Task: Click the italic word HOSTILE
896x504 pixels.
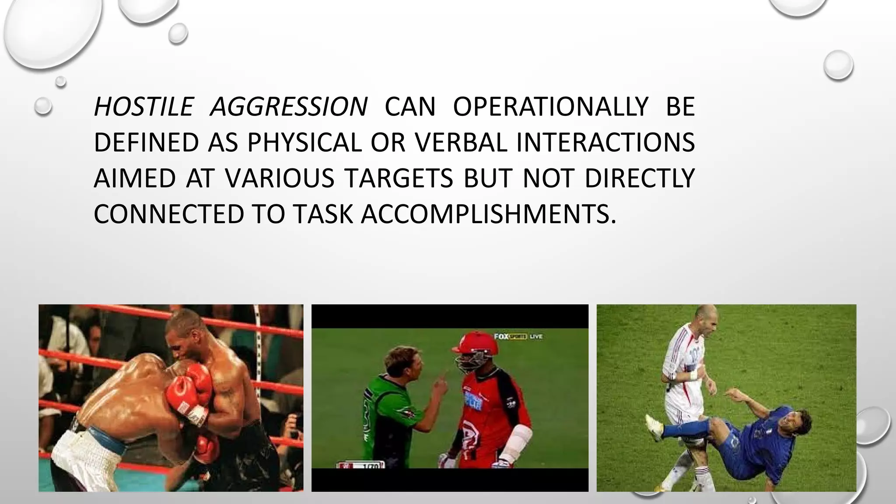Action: click(x=143, y=107)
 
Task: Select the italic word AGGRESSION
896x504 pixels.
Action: click(x=289, y=107)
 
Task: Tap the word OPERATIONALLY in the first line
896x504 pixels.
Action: click(x=550, y=107)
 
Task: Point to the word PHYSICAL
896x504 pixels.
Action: click(x=304, y=143)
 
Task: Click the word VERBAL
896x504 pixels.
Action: click(x=461, y=143)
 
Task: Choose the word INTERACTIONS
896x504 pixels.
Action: click(x=605, y=143)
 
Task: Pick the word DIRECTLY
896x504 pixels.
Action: click(x=640, y=178)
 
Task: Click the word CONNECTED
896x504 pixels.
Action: click(x=168, y=214)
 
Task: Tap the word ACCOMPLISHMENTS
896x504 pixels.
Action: click(x=488, y=214)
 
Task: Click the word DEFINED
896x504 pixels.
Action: click(x=147, y=143)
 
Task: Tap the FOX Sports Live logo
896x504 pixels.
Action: click(x=518, y=336)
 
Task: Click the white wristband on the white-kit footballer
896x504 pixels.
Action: click(x=693, y=375)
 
